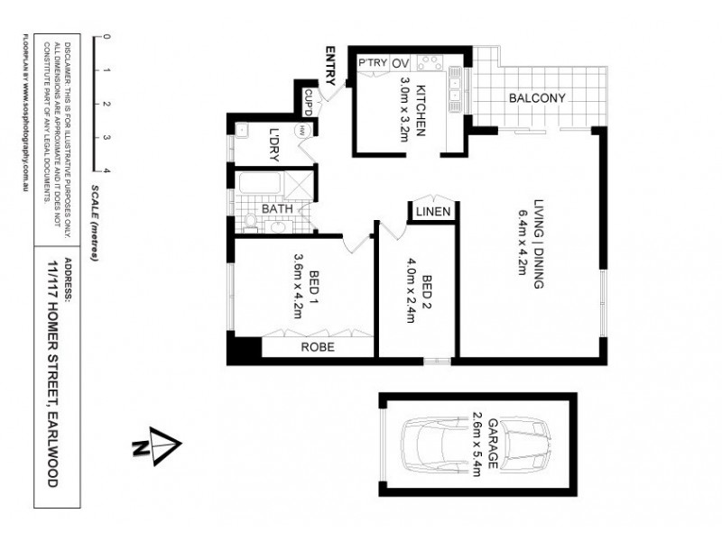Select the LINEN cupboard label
click(x=434, y=213)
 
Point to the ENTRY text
click(x=331, y=65)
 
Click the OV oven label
click(x=401, y=63)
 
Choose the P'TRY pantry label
click(x=371, y=63)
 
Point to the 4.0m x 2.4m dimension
click(x=412, y=290)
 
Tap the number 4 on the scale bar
click(x=106, y=170)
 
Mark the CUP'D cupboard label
click(x=308, y=96)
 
